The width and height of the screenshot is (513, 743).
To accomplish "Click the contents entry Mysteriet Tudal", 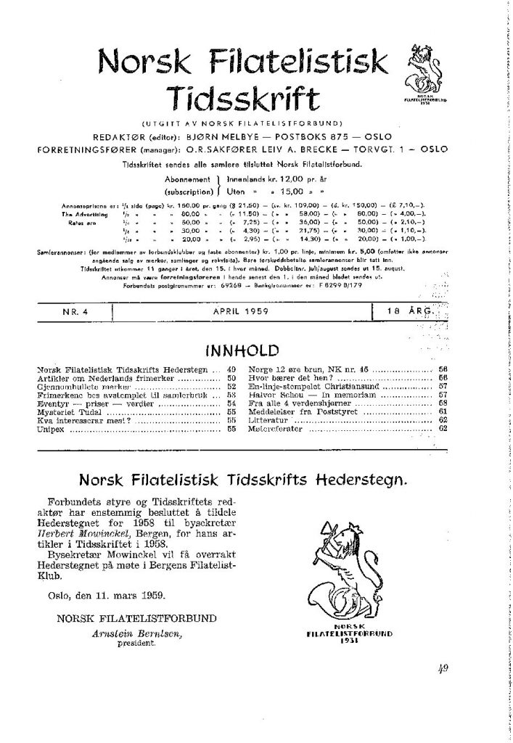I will click(69, 410).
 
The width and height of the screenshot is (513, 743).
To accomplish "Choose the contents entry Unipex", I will click(46, 430).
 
